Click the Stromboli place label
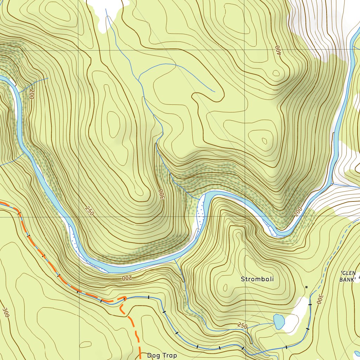pos(257,279)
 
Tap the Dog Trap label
pos(162,355)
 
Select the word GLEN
pos(348,273)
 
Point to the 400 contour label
pos(278,50)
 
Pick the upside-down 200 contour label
pos(127,278)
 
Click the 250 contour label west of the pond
pos(242,326)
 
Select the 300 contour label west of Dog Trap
pos(5,313)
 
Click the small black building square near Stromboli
pos(306,287)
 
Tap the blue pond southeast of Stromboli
pos(279,321)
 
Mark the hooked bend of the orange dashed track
pos(123,299)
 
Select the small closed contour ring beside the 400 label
pos(276,73)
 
